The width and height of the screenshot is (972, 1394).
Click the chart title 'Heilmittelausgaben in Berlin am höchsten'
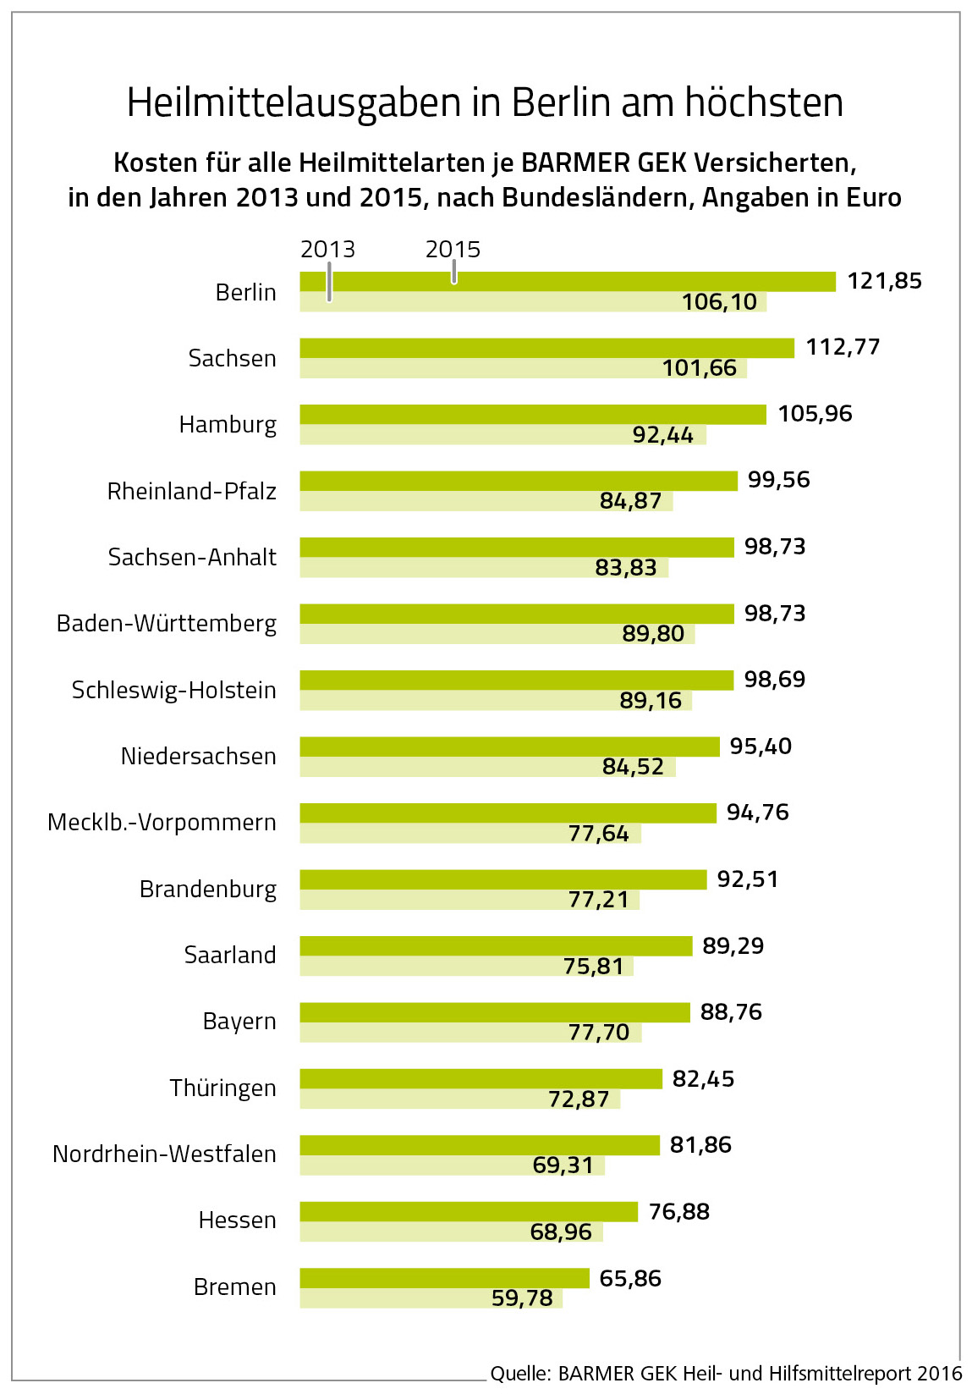[x=485, y=102]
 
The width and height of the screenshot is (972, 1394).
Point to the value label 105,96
[x=815, y=414]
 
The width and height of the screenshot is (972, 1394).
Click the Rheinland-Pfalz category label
[x=191, y=491]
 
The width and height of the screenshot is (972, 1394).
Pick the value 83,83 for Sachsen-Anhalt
[x=625, y=567]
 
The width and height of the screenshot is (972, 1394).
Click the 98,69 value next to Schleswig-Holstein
[x=774, y=680]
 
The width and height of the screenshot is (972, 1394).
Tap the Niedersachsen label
[x=198, y=756]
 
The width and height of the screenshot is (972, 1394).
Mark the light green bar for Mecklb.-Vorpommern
[x=423, y=834]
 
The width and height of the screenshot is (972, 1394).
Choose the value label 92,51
[x=747, y=879]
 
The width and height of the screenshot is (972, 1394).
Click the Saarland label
[x=230, y=955]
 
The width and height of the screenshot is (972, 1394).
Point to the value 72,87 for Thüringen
[x=579, y=1099]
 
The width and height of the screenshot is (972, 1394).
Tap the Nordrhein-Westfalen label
[x=164, y=1154]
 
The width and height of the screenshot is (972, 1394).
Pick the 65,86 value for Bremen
[x=629, y=1278]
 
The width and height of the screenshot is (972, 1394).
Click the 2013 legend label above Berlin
[x=327, y=250]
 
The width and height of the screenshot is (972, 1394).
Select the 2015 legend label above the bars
[x=453, y=250]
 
